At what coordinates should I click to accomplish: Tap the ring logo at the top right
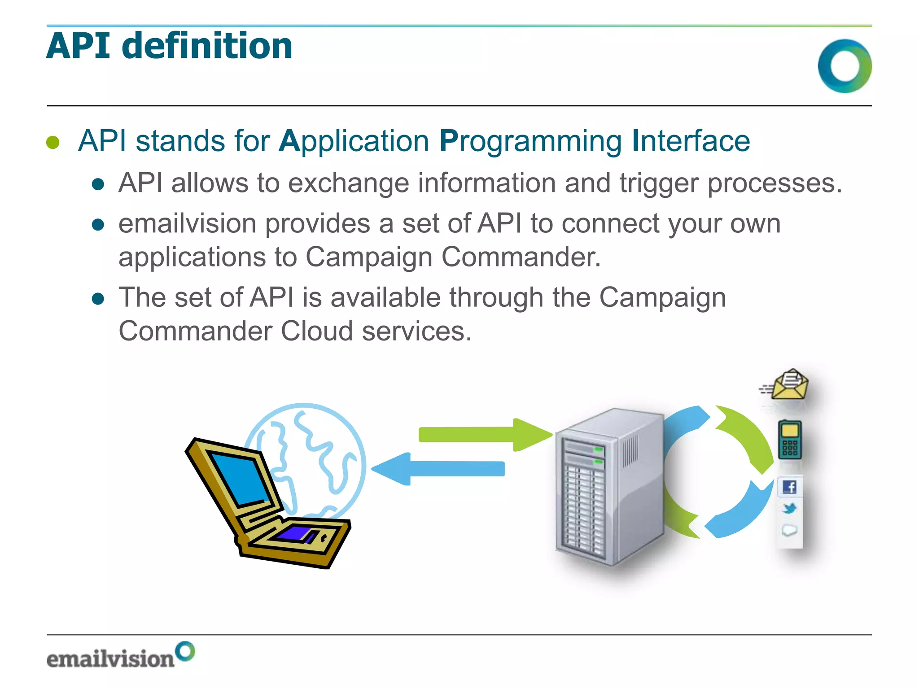[845, 66]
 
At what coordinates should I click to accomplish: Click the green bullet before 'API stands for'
[53, 142]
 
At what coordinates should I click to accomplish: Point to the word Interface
[691, 141]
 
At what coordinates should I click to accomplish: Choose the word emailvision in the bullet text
[187, 223]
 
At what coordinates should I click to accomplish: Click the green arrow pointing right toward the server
[485, 434]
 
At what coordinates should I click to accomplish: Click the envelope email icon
[790, 385]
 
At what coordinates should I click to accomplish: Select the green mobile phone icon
[790, 440]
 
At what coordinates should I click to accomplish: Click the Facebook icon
[790, 487]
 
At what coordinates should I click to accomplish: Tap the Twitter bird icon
[790, 509]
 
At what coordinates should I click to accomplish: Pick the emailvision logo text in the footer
[110, 658]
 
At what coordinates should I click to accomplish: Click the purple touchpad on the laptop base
[294, 533]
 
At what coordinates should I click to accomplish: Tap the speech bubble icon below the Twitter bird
[789, 530]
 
